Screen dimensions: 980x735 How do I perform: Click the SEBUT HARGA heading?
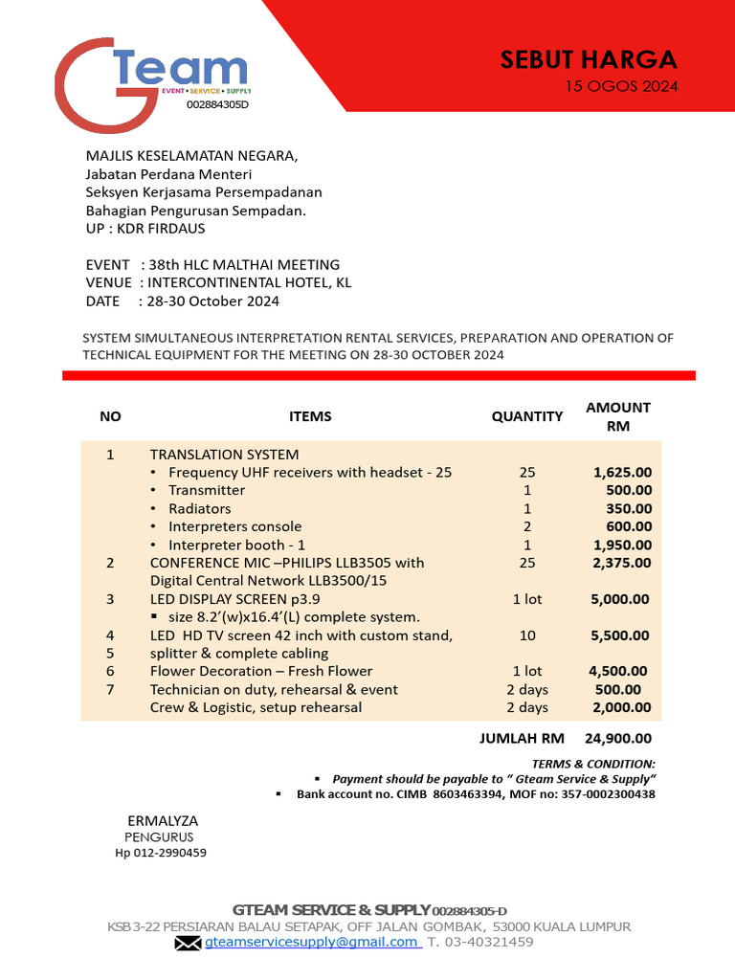tap(588, 59)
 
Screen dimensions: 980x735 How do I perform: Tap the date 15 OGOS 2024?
tap(621, 87)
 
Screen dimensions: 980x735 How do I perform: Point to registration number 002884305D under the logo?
tap(216, 104)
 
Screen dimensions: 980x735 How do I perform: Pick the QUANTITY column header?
tap(526, 416)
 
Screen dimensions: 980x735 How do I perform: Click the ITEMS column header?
tap(310, 416)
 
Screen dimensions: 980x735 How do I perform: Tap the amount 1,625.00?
tap(622, 472)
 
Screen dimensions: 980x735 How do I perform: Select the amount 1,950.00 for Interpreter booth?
tap(622, 545)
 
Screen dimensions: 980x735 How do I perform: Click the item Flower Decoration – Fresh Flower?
tap(261, 671)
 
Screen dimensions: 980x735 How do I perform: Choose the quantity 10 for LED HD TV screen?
tap(527, 635)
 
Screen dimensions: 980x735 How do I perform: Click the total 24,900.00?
tap(617, 738)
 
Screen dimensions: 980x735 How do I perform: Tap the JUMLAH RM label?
tap(522, 738)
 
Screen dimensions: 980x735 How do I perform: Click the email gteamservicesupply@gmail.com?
tap(312, 942)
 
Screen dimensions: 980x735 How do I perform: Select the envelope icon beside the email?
tap(188, 943)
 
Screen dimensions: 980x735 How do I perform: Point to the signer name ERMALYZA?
tap(163, 821)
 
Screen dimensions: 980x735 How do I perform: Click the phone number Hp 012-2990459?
tap(161, 853)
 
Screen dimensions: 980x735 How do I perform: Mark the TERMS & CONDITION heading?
tap(593, 764)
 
